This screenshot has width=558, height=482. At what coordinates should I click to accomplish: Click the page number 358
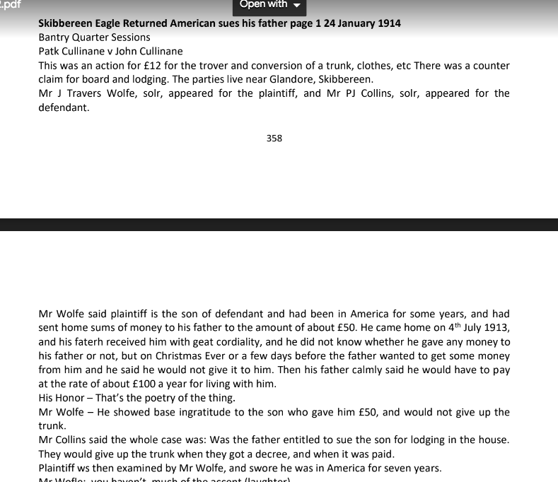pyautogui.click(x=274, y=139)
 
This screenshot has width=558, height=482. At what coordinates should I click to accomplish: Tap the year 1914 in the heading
pyautogui.click(x=387, y=23)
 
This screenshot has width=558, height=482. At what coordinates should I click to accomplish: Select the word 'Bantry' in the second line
pyautogui.click(x=54, y=37)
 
